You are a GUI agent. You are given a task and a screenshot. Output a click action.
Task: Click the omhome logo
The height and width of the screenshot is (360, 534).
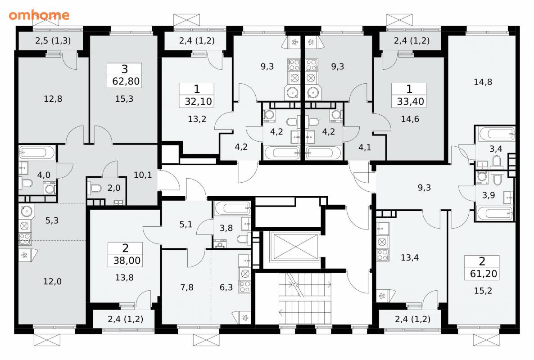[39, 15]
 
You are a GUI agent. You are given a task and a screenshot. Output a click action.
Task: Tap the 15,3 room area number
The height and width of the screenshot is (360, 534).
[124, 99]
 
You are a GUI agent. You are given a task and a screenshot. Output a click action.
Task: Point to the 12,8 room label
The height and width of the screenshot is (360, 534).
[53, 99]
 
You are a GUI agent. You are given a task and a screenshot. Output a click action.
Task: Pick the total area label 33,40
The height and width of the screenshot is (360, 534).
[410, 101]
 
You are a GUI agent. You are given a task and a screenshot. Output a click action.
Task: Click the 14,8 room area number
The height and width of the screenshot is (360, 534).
[483, 81]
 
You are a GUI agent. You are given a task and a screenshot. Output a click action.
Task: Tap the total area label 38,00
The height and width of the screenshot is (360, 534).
[127, 261]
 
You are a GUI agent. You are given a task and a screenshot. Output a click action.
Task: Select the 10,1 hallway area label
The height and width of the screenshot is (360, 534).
[143, 175]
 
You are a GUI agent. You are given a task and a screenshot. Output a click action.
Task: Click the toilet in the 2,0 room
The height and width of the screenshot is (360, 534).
[95, 188]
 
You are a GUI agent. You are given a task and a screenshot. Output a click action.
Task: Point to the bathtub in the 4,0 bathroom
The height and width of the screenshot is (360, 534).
[37, 153]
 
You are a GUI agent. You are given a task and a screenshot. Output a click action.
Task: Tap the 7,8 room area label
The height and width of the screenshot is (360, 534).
[186, 288]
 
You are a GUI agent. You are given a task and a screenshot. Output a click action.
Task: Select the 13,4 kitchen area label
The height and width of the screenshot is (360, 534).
[410, 257]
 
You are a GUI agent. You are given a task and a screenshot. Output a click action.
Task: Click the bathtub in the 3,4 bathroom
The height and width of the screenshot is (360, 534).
[496, 135]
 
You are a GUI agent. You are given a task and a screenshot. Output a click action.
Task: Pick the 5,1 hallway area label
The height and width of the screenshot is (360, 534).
[186, 225]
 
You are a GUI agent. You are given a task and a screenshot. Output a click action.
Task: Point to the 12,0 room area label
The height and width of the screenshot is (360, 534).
[52, 281]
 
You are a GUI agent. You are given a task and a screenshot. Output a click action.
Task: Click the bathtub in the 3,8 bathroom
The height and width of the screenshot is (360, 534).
[233, 208]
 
